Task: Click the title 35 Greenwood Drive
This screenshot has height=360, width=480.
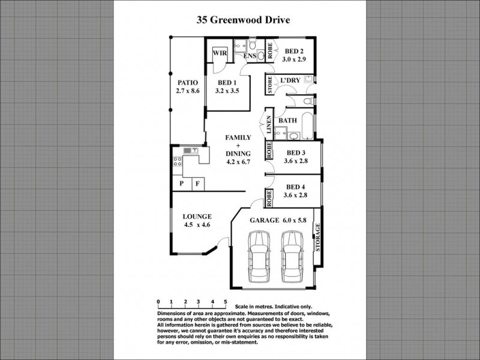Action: coord(244,20)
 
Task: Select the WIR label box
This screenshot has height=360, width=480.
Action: coord(217,53)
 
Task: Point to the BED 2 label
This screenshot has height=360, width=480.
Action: coord(295,50)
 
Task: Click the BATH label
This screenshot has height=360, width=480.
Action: coord(287,121)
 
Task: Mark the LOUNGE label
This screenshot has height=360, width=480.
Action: coord(197,217)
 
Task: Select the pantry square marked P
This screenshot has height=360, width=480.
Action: coord(181,184)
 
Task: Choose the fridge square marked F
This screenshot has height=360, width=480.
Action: coord(196,184)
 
